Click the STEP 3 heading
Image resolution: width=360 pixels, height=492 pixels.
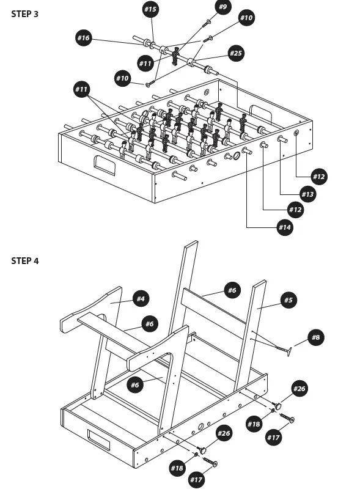point(24,13)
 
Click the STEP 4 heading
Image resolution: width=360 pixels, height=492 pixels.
point(24,261)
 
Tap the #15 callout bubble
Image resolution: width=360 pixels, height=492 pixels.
point(150,9)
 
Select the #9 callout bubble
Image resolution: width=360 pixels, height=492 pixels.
point(222,7)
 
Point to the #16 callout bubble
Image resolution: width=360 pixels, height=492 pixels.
point(83,38)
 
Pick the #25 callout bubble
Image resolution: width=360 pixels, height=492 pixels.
point(236,54)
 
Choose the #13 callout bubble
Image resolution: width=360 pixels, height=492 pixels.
point(307,194)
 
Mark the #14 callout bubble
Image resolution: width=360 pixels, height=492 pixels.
point(284,227)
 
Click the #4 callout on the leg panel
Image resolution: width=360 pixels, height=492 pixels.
point(141,299)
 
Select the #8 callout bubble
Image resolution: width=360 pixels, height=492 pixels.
point(315,337)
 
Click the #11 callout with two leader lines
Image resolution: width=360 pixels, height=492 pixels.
point(81,89)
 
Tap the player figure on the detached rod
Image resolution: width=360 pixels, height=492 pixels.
point(175,57)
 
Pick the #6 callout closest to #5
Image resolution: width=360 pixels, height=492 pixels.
point(232,290)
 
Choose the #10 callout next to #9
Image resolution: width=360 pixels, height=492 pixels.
point(246,18)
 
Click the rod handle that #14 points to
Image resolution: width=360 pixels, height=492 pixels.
point(247,150)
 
